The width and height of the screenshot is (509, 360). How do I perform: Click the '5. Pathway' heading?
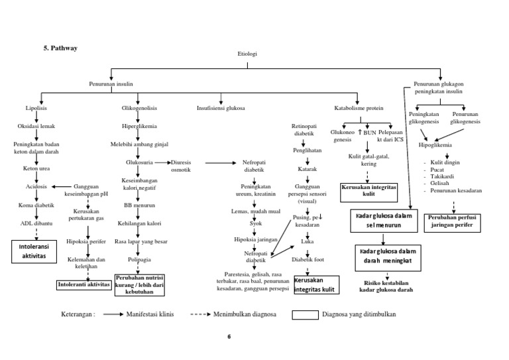pyautogui.click(x=61, y=48)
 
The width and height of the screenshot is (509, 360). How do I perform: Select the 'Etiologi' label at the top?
pyautogui.click(x=247, y=54)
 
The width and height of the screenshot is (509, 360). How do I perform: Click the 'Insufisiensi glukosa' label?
pyautogui.click(x=221, y=107)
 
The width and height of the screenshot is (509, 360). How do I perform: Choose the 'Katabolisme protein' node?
pyautogui.click(x=358, y=107)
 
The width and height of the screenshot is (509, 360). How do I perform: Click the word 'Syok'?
pyautogui.click(x=256, y=223)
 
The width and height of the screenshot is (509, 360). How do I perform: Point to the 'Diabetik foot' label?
pyautogui.click(x=308, y=260)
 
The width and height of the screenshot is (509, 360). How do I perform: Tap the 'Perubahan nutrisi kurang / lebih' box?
pyautogui.click(x=140, y=282)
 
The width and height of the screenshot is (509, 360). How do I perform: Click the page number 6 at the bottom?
pyautogui.click(x=229, y=337)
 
